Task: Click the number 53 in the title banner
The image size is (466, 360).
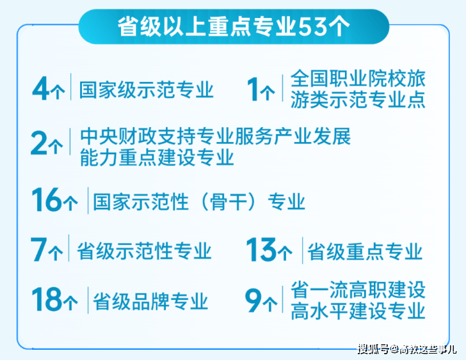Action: coord(312,27)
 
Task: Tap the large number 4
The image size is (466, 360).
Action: coord(41,88)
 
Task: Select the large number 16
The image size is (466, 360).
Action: coord(46,200)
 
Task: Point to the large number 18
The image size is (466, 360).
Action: coord(46,299)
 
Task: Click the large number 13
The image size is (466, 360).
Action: coord(262,249)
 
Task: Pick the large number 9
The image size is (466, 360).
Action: coord(253,301)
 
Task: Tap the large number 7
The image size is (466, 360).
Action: coord(39,249)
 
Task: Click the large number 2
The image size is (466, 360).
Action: coord(39,143)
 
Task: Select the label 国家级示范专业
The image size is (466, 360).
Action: coord(146,90)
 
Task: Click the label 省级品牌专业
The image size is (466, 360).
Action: coord(150,301)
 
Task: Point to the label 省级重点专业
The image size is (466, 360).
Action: coord(365,251)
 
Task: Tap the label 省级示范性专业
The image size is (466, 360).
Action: coord(144,251)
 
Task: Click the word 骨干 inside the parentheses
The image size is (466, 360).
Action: coord(229,201)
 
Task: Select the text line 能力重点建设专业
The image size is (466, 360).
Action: coord(157,157)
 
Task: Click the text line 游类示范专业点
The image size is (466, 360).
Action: coord(358,99)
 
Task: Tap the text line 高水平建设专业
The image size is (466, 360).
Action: coord(358,311)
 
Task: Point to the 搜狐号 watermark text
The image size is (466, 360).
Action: coord(373,348)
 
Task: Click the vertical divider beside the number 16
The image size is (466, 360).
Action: coord(88,201)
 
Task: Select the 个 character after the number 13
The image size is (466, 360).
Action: coord(285,253)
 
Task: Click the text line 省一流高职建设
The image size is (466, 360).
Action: coord(358,290)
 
